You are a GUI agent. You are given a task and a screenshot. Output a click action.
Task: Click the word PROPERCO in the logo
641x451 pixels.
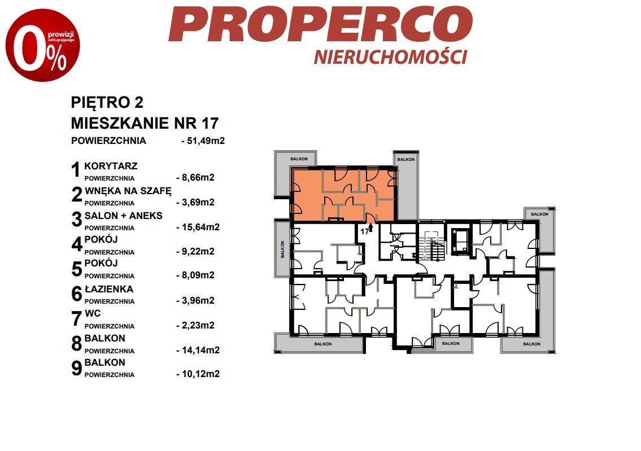(321, 24)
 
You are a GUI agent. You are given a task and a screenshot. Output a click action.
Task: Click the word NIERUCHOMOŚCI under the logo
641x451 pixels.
(390, 57)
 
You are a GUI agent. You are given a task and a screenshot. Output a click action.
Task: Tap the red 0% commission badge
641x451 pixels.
(42, 45)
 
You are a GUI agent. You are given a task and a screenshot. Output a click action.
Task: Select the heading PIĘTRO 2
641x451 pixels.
(107, 102)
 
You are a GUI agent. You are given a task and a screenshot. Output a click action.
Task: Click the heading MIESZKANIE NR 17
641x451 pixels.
(145, 123)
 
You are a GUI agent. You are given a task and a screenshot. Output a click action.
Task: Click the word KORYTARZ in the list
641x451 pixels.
(111, 167)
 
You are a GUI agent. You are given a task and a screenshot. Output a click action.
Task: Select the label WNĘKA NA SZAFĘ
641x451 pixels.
(128, 191)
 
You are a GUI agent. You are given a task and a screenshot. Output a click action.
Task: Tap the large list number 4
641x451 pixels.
(77, 244)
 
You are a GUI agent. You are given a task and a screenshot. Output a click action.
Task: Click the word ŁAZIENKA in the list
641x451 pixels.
(109, 289)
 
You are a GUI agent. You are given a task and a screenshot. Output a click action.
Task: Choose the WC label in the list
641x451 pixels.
(93, 314)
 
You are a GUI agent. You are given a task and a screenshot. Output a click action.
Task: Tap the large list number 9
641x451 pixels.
(77, 368)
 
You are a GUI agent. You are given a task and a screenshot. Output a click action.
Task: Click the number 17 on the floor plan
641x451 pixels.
(364, 231)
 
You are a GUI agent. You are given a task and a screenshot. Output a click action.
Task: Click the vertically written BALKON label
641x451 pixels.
(282, 249)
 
